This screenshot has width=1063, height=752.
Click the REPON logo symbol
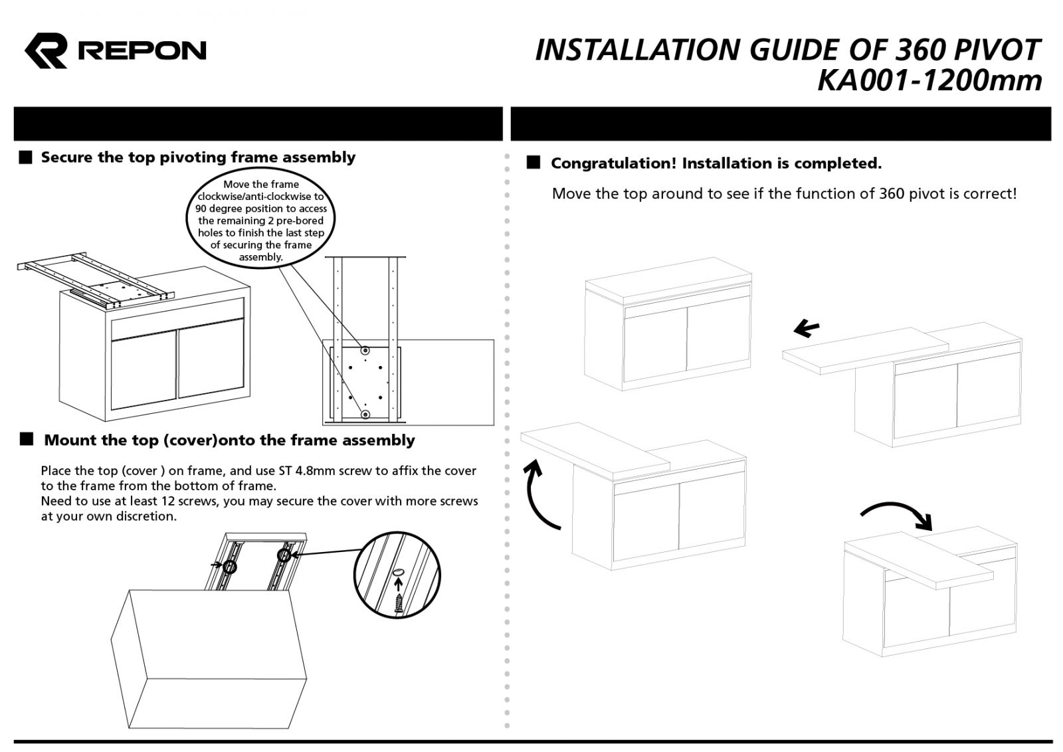click(47, 50)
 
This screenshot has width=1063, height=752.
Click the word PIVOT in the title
click(996, 50)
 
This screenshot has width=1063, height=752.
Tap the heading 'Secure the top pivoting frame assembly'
click(198, 157)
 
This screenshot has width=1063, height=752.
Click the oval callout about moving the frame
click(261, 220)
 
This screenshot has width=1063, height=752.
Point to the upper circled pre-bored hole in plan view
click(364, 350)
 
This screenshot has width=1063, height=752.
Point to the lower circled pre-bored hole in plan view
click(365, 415)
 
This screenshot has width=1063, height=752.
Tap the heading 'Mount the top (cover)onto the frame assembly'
click(229, 440)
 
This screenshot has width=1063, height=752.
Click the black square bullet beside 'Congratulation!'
click(533, 163)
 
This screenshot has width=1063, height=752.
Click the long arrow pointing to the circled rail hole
click(326, 552)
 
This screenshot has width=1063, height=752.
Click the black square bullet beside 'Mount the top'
click(27, 439)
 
